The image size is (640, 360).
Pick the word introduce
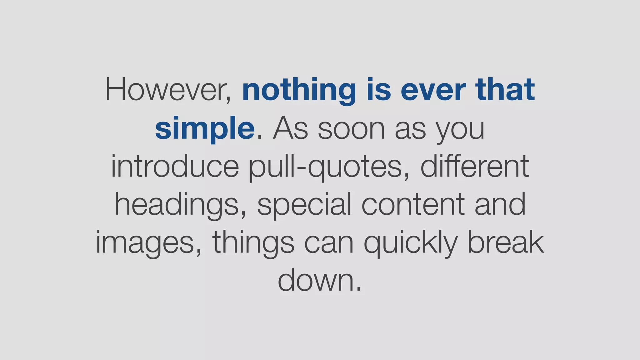(x=175, y=166)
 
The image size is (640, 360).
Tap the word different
(x=474, y=166)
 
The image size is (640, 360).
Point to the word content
(x=413, y=205)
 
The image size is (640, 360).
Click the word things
(x=253, y=243)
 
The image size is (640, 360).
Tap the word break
(x=505, y=242)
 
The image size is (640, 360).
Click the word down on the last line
(x=316, y=280)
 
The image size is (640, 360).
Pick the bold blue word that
(x=505, y=90)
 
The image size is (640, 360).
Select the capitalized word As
(x=291, y=128)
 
